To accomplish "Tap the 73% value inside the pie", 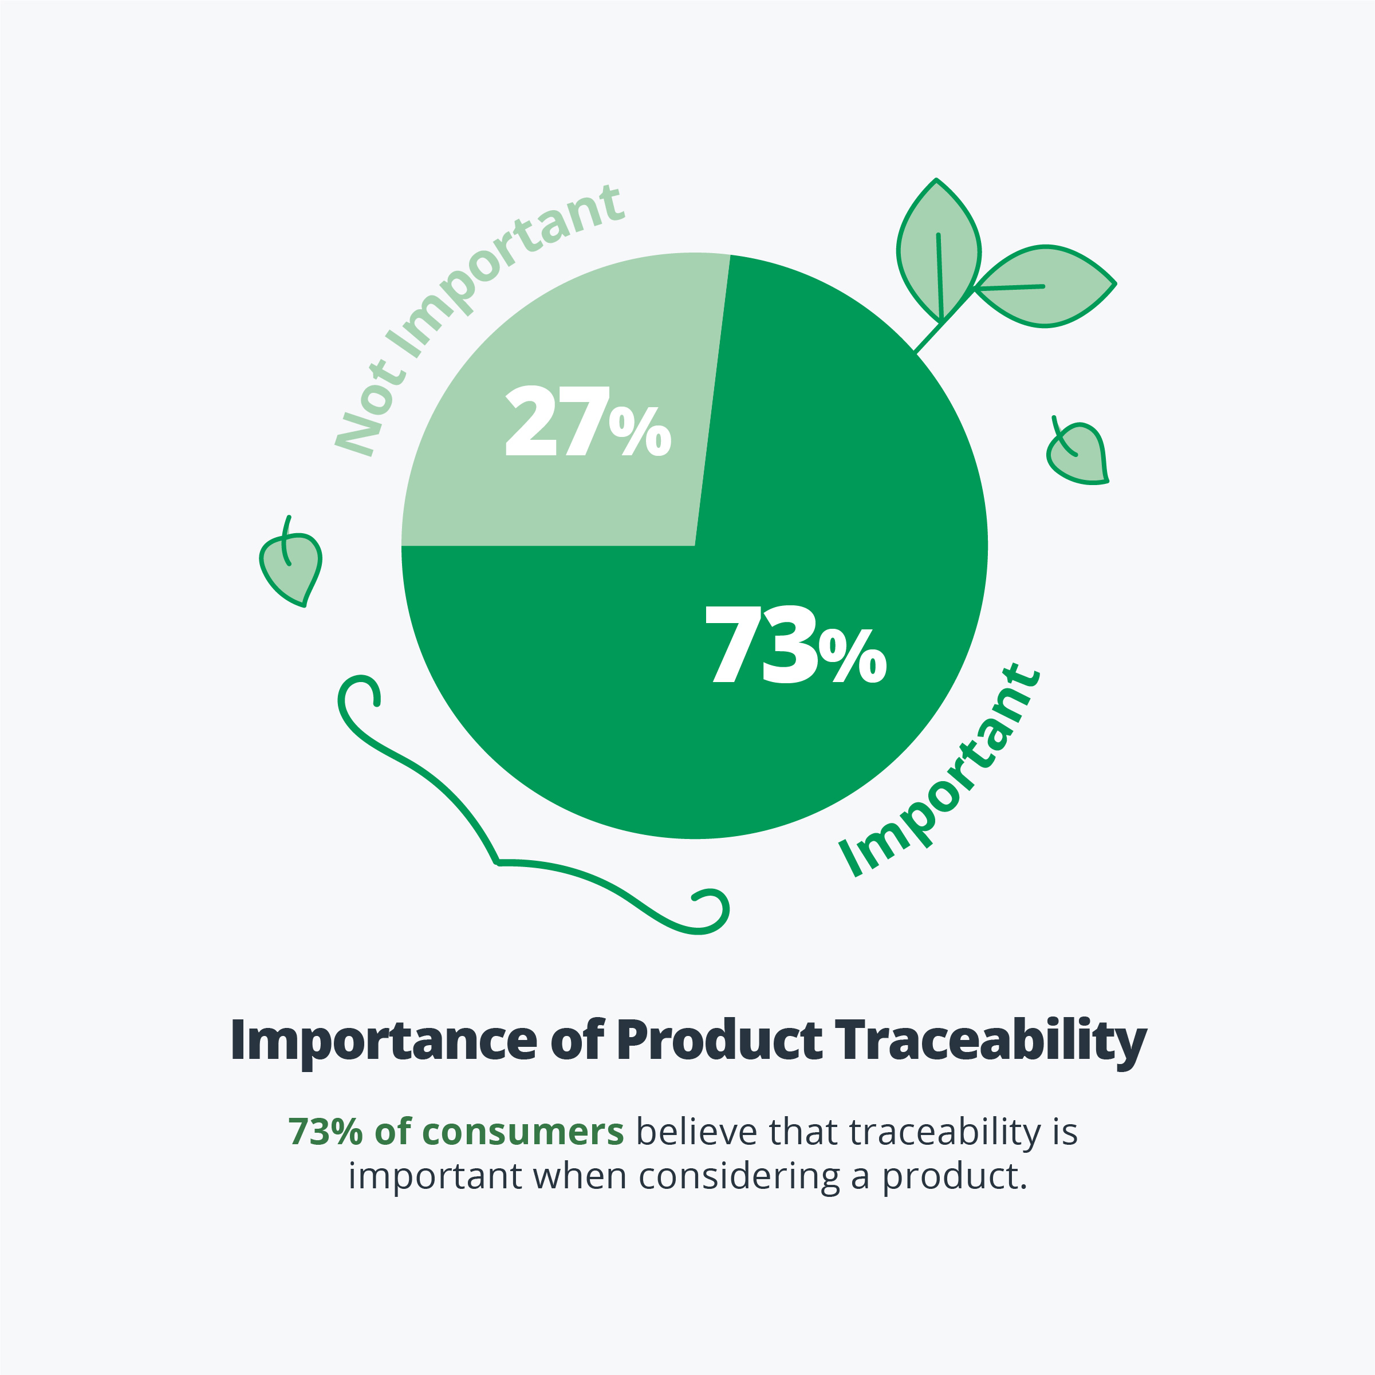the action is point(795,644).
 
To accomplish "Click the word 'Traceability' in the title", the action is point(991,1041).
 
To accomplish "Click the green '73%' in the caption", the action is point(325,1132).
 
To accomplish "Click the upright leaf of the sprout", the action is point(939,250).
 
